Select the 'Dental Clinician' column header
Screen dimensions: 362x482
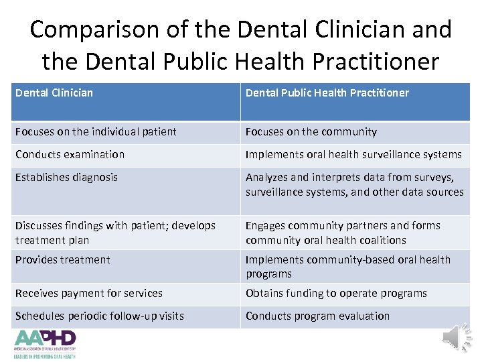(x=54, y=93)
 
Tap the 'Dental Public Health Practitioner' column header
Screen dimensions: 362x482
(x=327, y=93)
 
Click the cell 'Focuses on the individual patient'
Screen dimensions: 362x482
(x=96, y=132)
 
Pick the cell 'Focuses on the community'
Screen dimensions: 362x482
(x=311, y=132)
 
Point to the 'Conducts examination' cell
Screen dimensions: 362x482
(x=70, y=154)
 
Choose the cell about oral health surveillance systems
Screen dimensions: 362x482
(x=353, y=154)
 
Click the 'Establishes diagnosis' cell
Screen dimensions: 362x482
(x=66, y=177)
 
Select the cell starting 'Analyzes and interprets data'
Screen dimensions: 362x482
(x=354, y=184)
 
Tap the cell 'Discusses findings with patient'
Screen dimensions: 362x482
(x=115, y=233)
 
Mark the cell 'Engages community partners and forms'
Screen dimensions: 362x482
(x=343, y=233)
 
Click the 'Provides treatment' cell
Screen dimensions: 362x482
(x=62, y=259)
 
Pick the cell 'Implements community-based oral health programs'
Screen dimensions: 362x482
(x=347, y=266)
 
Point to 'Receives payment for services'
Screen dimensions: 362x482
(x=88, y=293)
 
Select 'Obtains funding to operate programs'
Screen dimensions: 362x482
(x=336, y=293)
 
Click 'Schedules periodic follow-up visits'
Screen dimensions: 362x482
(x=99, y=316)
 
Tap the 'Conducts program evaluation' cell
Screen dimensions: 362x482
(x=317, y=316)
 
